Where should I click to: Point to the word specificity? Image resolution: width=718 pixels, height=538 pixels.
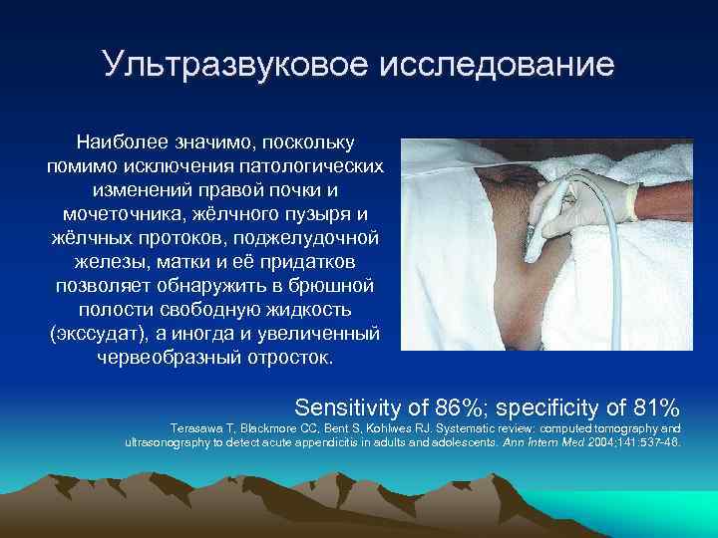click(x=555, y=406)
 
